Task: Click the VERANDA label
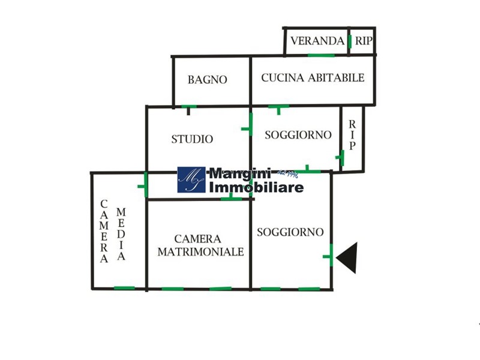tap(317, 41)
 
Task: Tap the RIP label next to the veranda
tap(363, 41)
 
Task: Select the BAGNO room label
tap(207, 79)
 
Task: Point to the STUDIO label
tap(192, 139)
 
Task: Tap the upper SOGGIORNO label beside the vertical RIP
tap(298, 135)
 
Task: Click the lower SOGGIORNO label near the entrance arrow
tap(290, 232)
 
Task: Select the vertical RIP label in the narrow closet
tap(353, 134)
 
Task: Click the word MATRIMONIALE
tap(201, 252)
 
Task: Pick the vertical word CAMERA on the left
tap(104, 231)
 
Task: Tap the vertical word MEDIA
tap(121, 234)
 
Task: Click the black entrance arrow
tap(348, 257)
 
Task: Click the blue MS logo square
tap(191, 180)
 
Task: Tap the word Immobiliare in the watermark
tap(256, 187)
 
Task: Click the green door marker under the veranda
tap(321, 55)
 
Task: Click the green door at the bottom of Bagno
tap(189, 107)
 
